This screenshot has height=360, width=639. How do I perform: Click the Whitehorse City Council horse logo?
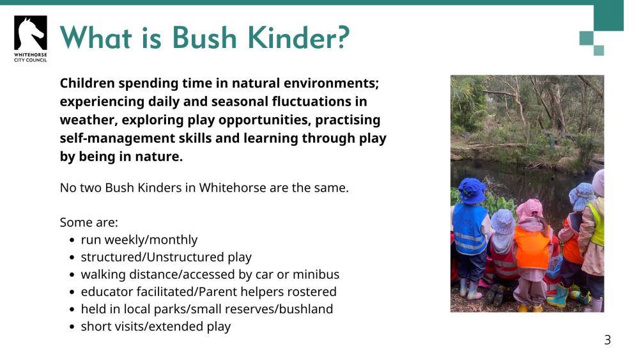30,33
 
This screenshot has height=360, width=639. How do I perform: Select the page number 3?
607,340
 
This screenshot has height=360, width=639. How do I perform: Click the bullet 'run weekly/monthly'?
139,240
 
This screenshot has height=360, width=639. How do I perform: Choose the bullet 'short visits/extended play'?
155,326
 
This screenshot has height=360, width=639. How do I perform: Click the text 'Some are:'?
89,223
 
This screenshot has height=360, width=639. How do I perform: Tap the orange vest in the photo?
532,246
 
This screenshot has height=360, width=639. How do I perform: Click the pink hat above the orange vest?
529,208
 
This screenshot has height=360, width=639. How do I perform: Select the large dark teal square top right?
608,15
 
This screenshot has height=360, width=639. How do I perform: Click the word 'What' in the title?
93,38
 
